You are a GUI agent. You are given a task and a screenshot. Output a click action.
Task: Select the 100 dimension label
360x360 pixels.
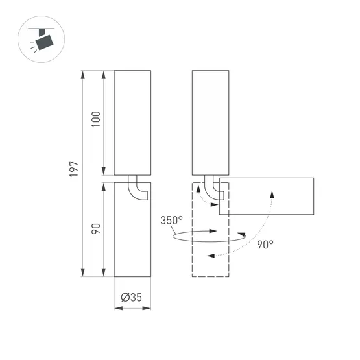[97, 121]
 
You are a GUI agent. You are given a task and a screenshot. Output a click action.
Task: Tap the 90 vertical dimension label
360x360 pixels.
[97, 229]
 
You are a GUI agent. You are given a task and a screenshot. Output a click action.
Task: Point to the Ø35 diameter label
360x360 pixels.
[132, 298]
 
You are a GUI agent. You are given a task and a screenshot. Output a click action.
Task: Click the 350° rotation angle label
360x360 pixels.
[172, 220]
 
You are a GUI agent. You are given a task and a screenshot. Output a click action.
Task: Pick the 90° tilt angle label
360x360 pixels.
[265, 245]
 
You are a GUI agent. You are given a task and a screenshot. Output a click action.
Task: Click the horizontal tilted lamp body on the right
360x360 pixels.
[267, 195]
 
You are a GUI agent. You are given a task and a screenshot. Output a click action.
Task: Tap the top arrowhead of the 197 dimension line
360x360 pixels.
[83, 73]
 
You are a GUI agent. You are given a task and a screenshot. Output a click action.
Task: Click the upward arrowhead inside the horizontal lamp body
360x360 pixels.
[272, 193]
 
